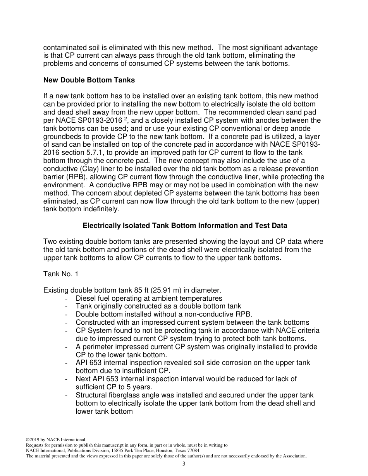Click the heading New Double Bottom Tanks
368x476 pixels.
(x=89, y=80)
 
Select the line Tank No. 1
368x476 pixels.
(x=61, y=274)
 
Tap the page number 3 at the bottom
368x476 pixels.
(x=184, y=464)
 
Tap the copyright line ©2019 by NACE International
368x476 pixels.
(x=56, y=440)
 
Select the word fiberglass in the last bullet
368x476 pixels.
(x=124, y=395)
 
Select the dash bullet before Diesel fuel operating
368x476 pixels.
(x=68, y=298)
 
